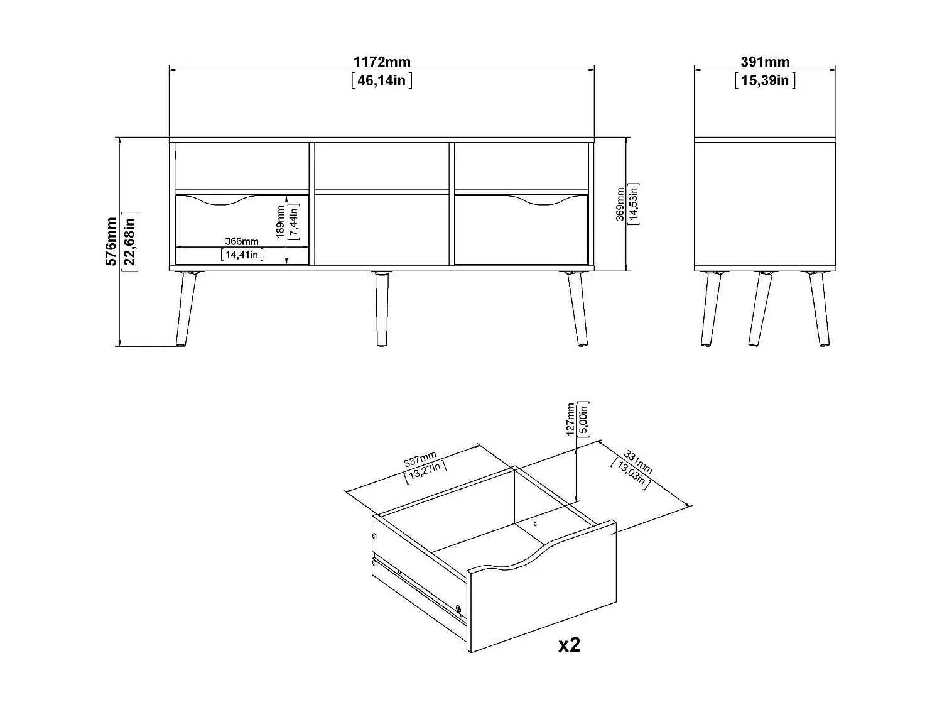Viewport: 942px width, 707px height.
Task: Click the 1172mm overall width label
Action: tap(381, 62)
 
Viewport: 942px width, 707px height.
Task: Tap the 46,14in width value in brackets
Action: tap(381, 80)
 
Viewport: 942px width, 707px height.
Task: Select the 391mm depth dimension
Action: tap(764, 62)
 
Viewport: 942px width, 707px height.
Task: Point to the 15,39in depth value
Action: tap(764, 80)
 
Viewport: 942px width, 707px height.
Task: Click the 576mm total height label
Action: tap(112, 241)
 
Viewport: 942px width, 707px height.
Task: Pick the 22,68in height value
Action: tap(131, 241)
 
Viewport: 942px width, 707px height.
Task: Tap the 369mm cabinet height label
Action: tap(620, 205)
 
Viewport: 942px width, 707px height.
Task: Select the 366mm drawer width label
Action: tap(242, 242)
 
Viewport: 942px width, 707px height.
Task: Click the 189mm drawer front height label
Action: tap(280, 221)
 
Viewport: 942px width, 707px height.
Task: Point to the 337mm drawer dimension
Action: tap(420, 458)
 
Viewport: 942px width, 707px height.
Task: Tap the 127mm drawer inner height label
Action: tap(570, 419)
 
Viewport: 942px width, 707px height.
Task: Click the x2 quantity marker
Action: tap(569, 645)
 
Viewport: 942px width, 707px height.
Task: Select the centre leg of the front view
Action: tap(381, 308)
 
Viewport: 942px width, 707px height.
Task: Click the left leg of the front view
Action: tap(187, 308)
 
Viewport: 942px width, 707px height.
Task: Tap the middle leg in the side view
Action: tap(760, 308)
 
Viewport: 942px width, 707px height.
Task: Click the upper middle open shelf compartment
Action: tap(381, 166)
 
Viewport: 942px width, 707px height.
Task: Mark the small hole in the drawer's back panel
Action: tap(535, 523)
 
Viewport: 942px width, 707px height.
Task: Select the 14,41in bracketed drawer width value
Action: tap(242, 255)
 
